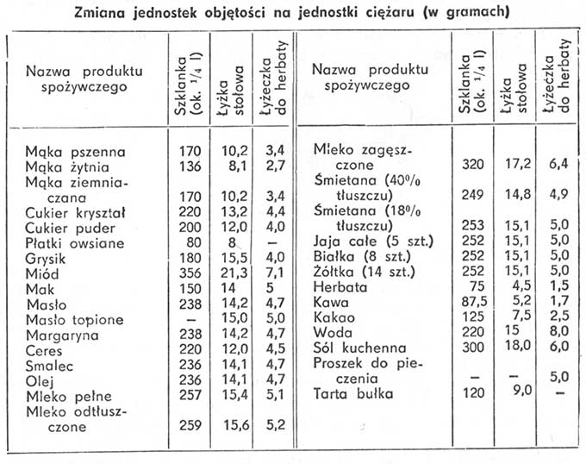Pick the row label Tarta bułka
click(353, 397)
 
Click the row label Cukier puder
click(65, 227)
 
